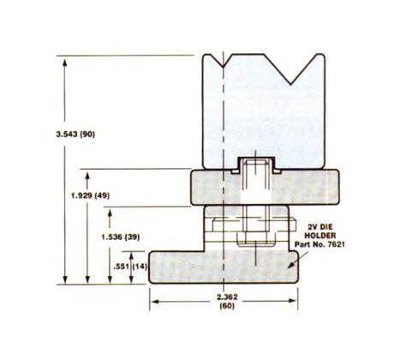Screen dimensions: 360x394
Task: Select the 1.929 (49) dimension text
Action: [x=92, y=195]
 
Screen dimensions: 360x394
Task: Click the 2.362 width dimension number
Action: [x=226, y=297]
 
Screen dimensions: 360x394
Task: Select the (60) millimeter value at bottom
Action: [x=226, y=307]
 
